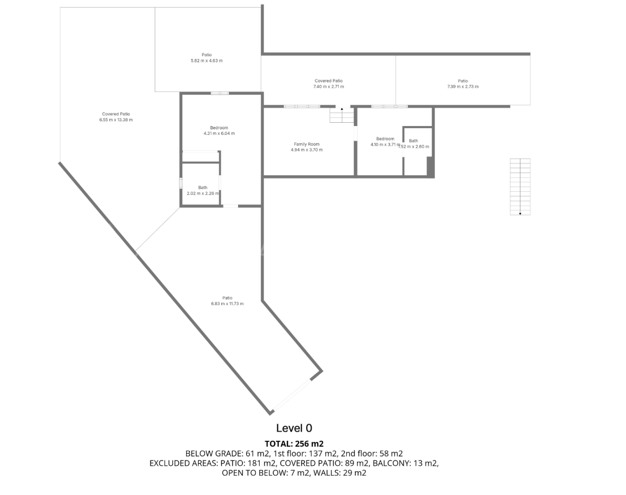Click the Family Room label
tap(306, 144)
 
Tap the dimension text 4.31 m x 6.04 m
tap(219, 133)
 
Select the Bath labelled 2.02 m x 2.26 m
tap(202, 188)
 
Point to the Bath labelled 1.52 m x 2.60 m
tap(413, 141)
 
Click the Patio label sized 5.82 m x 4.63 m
tap(207, 55)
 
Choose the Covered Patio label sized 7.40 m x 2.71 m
tap(328, 81)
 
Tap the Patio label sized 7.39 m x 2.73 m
tap(463, 81)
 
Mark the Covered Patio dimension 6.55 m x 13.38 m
tap(116, 120)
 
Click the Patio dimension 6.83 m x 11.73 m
tap(227, 303)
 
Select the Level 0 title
tap(294, 428)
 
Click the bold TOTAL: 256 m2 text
tap(294, 444)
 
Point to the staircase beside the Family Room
tap(341, 115)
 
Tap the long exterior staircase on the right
tap(520, 187)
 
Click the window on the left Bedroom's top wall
tap(220, 93)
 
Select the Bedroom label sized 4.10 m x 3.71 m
tap(385, 138)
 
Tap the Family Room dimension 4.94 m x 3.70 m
tap(306, 149)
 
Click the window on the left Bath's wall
tap(181, 183)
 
